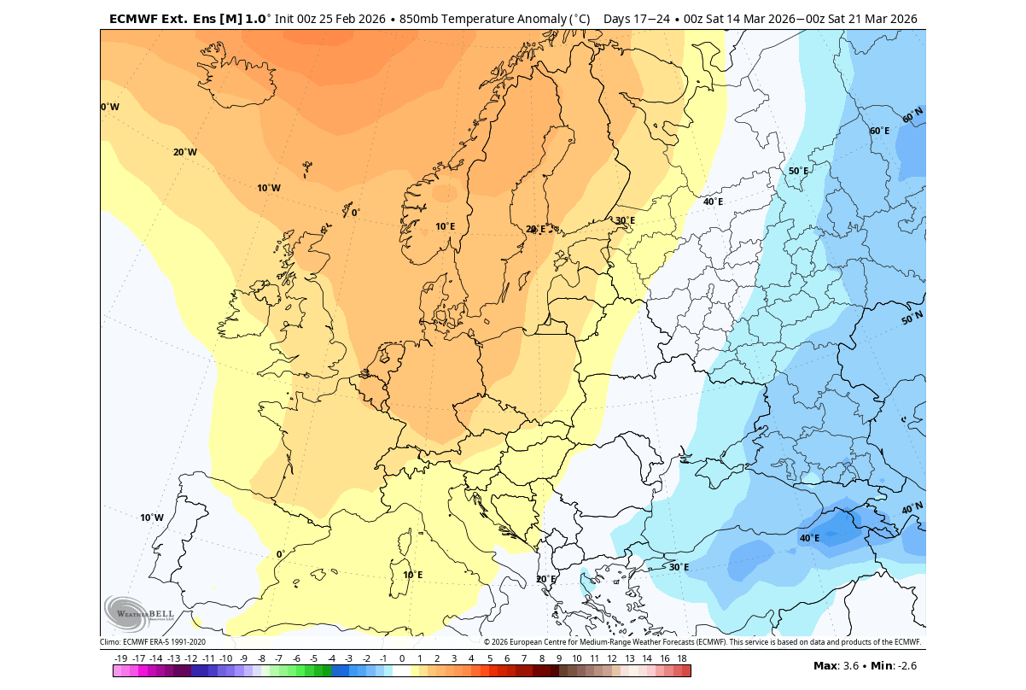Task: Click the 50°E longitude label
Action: click(798, 171)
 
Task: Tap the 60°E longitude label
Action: click(879, 131)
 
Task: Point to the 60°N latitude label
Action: click(912, 115)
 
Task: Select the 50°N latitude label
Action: click(912, 319)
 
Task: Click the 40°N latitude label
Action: click(912, 509)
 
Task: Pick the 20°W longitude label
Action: click(185, 152)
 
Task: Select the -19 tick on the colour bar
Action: click(121, 658)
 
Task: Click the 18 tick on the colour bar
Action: click(682, 658)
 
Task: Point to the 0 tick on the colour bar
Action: click(401, 658)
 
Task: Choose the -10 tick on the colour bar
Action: click(226, 658)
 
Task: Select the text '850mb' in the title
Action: click(417, 19)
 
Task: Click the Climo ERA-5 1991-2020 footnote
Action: click(153, 642)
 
